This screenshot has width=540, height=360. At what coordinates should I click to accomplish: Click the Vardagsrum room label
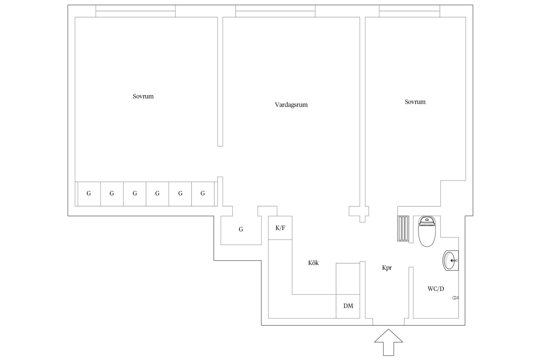[291, 105]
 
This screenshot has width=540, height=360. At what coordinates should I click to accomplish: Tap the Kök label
[313, 263]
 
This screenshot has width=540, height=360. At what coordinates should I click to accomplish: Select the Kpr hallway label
[387, 268]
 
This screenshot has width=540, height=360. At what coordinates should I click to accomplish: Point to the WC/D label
[436, 289]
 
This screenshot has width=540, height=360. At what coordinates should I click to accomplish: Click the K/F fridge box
[280, 228]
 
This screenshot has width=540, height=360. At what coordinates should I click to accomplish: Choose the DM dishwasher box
[348, 306]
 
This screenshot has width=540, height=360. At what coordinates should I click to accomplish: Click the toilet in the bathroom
[427, 231]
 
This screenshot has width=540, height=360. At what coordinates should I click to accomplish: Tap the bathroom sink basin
[450, 261]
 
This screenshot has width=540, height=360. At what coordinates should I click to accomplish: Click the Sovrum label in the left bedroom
[143, 96]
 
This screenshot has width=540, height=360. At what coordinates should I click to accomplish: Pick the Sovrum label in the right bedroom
[415, 102]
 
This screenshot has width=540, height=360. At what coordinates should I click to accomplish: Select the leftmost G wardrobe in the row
[89, 194]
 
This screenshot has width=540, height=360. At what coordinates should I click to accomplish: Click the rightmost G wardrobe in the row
[203, 194]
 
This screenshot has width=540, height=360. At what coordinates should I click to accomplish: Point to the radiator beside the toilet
[403, 229]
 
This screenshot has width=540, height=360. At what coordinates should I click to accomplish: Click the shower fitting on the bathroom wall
[455, 298]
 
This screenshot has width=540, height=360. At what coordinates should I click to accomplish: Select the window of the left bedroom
[136, 11]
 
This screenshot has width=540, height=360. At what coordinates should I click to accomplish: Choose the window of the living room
[275, 11]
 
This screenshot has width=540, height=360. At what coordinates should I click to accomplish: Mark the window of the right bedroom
[409, 11]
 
